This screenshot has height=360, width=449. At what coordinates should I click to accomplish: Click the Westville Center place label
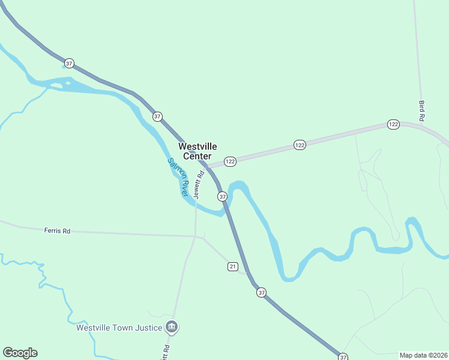197,151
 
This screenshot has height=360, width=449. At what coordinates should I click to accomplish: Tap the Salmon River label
178,178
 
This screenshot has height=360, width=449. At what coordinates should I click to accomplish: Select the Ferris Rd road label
57,230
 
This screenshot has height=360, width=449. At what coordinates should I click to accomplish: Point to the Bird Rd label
421,112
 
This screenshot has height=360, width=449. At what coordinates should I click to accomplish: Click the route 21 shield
233,266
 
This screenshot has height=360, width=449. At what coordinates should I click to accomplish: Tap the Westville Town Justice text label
119,328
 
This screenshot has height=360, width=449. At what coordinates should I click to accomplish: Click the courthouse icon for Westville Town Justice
172,327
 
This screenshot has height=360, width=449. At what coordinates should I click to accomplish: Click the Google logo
20,353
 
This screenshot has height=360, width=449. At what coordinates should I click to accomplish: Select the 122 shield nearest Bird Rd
393,124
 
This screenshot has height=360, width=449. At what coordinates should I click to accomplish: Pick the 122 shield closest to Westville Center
230,161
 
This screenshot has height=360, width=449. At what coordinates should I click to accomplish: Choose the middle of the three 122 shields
300,145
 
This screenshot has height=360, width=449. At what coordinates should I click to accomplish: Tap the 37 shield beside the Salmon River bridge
222,196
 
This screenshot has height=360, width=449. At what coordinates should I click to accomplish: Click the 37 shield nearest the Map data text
343,357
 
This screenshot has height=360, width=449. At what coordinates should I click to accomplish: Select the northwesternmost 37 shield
70,63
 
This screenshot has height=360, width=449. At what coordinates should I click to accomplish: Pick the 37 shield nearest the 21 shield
261,292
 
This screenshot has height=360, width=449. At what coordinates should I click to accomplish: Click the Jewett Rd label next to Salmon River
200,184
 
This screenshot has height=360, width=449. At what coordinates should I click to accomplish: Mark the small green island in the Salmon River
56,86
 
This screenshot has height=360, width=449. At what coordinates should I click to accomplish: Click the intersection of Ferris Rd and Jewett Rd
196,236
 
